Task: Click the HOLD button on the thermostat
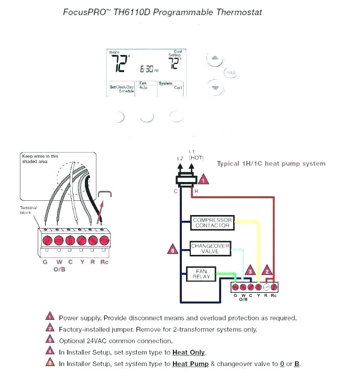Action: click(231, 73)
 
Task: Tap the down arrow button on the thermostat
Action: click(214, 87)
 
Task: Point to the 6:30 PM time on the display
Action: click(148, 69)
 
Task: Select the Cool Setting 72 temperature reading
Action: click(174, 63)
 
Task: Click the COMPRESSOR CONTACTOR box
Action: click(212, 222)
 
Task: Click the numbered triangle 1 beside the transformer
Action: click(203, 179)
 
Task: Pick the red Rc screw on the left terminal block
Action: click(104, 240)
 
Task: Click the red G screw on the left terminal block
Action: click(47, 240)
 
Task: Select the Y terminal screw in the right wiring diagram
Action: click(258, 287)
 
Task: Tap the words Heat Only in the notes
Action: click(189, 352)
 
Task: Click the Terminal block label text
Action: click(29, 211)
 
